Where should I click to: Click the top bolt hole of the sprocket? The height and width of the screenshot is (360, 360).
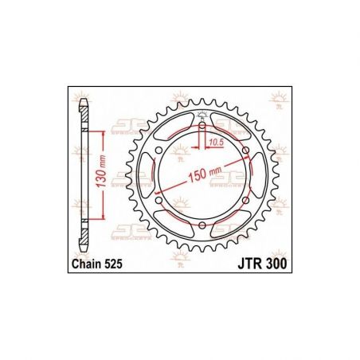202,125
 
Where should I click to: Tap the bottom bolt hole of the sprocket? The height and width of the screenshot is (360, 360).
202,227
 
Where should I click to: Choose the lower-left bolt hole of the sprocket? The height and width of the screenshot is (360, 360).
158,202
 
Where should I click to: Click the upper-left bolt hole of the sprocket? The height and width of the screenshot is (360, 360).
158,151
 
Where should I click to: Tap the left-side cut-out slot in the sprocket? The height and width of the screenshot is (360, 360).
147,176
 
